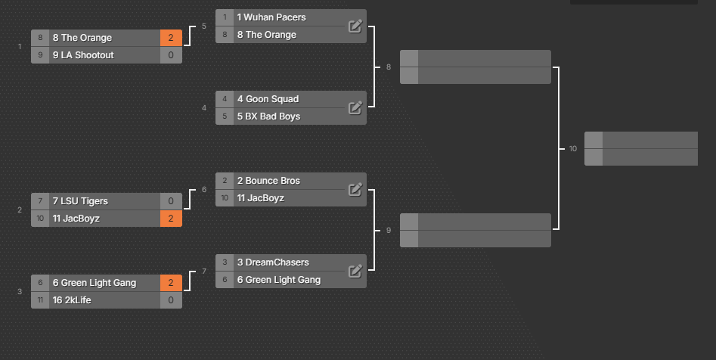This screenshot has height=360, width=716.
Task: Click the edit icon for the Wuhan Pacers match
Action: point(355,26)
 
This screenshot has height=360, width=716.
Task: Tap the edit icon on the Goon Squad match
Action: point(355,108)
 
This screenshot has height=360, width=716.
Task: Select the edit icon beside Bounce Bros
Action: point(355,189)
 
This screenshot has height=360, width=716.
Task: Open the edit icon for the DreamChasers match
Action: point(355,271)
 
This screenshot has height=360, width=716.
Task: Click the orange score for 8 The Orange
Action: point(171,38)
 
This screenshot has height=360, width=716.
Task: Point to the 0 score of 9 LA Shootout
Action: point(171,55)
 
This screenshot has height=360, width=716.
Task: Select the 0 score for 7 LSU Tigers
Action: point(171,201)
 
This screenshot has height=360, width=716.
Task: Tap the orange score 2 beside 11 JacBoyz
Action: point(171,219)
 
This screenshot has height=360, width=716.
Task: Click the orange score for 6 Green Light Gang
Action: point(171,283)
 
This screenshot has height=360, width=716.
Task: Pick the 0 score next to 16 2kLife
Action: point(171,300)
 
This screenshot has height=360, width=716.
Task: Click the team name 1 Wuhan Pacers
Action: point(271,17)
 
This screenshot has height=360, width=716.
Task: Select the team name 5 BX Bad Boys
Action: point(268,116)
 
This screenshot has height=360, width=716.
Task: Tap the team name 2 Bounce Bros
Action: point(268,181)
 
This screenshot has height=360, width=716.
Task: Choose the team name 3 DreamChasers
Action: point(273,262)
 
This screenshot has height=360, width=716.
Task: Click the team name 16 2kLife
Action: point(72,300)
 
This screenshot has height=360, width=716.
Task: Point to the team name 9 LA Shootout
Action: point(83,55)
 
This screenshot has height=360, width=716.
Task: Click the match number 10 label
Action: point(572,148)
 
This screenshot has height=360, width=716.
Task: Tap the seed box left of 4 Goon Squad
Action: point(225,99)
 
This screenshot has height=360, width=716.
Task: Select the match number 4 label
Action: point(204,108)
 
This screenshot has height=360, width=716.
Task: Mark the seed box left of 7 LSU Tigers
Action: point(40,201)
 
